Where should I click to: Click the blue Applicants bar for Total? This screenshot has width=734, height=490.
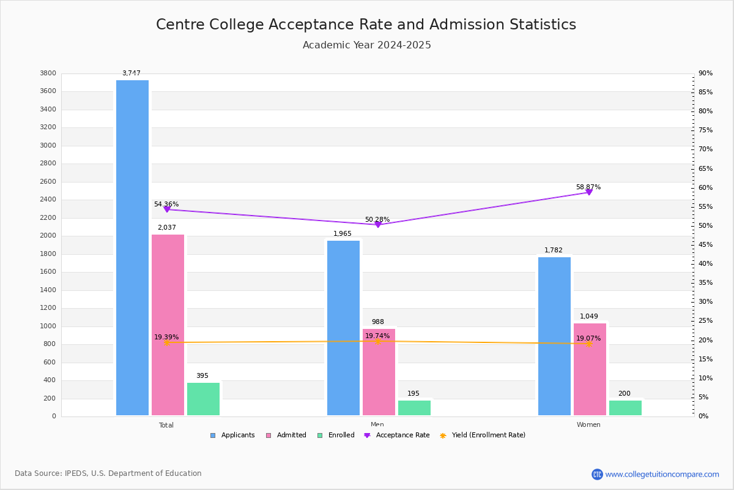pos(132,247)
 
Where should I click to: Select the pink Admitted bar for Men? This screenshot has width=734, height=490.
pos(379,372)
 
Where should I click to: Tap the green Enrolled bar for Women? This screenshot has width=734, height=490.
pos(625,408)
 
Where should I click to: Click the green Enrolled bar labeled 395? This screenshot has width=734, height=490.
pos(203,399)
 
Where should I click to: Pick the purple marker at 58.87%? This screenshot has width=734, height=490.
pos(589,192)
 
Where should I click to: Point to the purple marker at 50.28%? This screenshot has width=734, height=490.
pos(378,225)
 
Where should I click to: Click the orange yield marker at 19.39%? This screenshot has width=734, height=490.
pos(166,342)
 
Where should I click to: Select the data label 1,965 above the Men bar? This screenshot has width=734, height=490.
pos(343,234)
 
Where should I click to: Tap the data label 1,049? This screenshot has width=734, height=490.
pos(589,317)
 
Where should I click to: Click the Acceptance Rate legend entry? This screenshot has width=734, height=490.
pos(397,435)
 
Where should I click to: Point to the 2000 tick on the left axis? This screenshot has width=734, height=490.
pos(48,236)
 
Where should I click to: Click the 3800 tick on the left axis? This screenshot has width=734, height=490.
pos(48,73)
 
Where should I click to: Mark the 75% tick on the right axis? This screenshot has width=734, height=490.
pos(706,130)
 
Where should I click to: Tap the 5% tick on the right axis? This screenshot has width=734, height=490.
pos(704,398)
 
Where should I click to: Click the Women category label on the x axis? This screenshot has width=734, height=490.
pos(588,425)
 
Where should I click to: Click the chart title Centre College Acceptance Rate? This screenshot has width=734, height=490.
pos(366,24)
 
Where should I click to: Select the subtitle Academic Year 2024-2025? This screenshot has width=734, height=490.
pos(366,45)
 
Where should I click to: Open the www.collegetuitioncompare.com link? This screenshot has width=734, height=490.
pos(662,474)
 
